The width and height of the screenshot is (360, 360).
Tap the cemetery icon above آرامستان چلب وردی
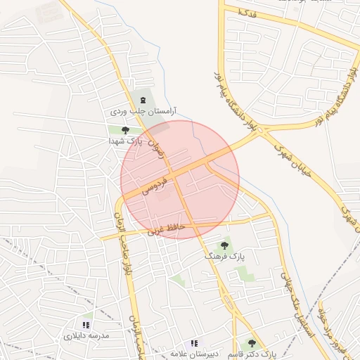(x=143, y=100)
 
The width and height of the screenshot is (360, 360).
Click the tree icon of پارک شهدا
(x=125, y=130)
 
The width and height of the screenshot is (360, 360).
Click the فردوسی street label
(x=155, y=186)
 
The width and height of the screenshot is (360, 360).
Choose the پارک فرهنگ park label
(x=224, y=257)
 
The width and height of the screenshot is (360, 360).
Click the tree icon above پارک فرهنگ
(x=224, y=245)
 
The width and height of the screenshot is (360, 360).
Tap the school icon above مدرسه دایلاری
(x=86, y=325)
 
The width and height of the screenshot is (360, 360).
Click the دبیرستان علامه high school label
(x=195, y=354)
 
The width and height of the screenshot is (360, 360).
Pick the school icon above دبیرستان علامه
(x=195, y=343)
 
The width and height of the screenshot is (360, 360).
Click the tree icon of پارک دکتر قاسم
(x=252, y=344)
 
